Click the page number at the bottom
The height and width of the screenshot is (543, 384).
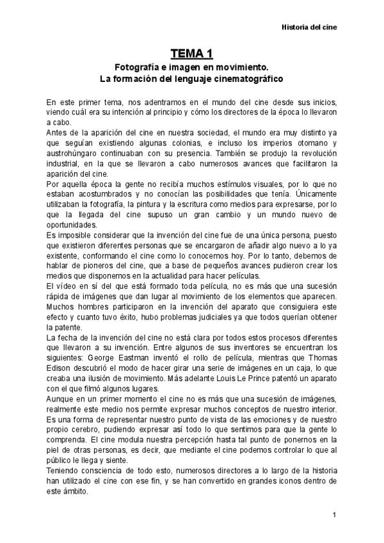click(x=335, y=515)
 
